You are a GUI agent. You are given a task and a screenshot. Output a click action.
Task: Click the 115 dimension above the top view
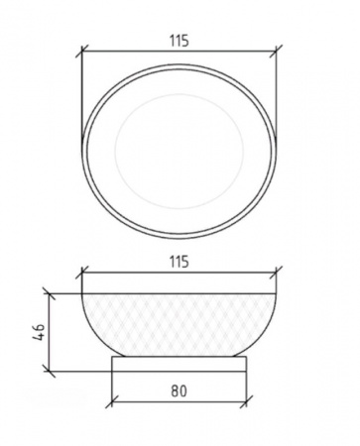pos(180,41)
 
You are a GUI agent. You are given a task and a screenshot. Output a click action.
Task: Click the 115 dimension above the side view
pos(180,262)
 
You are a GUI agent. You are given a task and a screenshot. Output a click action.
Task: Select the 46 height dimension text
pos(39,332)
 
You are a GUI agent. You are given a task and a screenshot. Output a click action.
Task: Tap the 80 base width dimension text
pos(179,390)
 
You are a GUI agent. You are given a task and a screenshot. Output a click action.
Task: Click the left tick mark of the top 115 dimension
pos(82,52)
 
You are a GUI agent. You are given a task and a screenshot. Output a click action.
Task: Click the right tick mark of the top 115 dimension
pos(276,52)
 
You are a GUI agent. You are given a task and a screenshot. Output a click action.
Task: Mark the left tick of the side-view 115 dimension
pos(82,273)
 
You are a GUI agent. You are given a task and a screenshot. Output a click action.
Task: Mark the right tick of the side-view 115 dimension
pos(276,273)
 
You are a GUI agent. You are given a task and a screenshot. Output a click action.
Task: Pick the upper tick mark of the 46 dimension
pos(49,293)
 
